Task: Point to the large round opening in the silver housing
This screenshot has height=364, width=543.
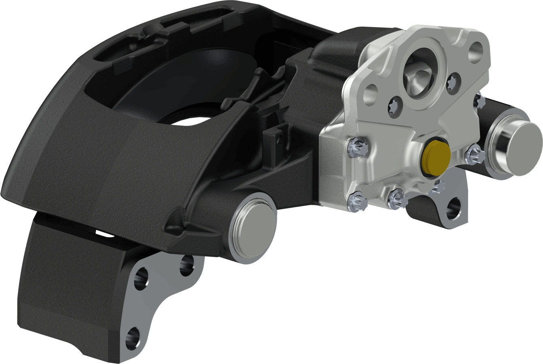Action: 420,73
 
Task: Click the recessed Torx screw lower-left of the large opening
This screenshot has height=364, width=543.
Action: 395,106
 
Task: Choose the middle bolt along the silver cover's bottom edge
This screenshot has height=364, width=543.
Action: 397,198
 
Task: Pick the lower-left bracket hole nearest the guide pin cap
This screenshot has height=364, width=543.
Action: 187,265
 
